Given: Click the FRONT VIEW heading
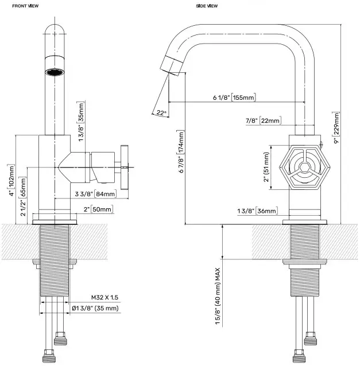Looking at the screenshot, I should click(17, 6).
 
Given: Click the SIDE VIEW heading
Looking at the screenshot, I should click(207, 6).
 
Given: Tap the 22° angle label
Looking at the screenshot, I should click(160, 113).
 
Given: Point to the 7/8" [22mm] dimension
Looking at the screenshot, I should click(262, 120).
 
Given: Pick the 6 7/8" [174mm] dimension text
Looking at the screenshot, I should click(181, 152).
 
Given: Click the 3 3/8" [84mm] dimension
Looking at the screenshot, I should click(94, 193).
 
